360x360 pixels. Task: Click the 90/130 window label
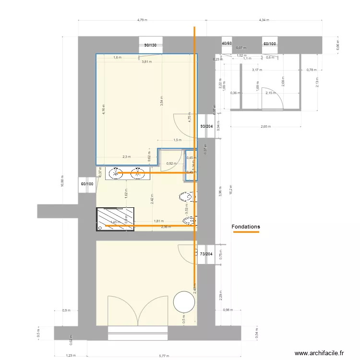150,45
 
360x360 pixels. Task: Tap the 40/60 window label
227,44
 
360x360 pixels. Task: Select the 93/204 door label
207,126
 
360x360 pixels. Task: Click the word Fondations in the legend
245,227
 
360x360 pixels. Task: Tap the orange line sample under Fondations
246,232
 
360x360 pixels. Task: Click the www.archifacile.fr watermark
319,353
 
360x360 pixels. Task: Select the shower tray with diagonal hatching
115,218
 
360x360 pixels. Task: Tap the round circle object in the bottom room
183,302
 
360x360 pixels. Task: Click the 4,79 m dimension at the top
142,20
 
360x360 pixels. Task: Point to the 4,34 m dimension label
264,20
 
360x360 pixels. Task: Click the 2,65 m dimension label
265,127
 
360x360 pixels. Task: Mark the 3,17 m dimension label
257,70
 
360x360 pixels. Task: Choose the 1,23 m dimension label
70,356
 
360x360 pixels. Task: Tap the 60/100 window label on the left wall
87,184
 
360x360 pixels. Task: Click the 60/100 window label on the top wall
269,44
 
